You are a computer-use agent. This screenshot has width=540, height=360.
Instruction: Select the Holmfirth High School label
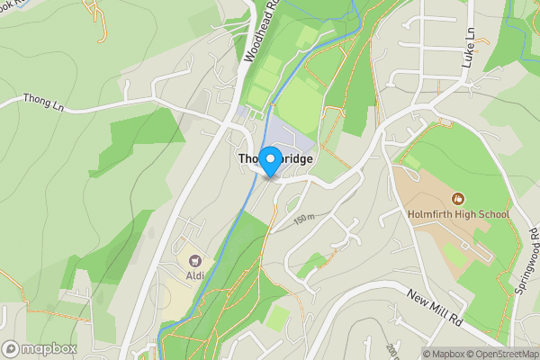tap(457, 214)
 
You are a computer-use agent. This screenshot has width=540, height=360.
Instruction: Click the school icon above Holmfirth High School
tap(457, 198)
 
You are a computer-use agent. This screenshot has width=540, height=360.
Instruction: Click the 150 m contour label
tap(304, 219)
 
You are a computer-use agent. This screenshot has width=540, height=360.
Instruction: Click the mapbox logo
tap(40, 348)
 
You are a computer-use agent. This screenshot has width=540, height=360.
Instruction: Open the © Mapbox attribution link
tap(446, 353)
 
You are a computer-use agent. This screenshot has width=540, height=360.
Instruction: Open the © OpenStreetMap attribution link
tap(506, 353)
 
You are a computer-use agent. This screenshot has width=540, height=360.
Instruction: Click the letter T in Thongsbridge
tap(242, 158)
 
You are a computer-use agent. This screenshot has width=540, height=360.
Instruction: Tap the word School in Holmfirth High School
tap(493, 214)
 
